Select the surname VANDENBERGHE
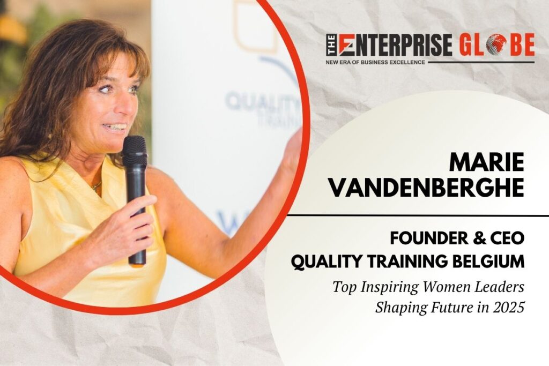coord(427,187)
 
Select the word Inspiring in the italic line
coord(385,288)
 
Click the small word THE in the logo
coord(331,45)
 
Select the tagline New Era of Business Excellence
coord(375,62)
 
